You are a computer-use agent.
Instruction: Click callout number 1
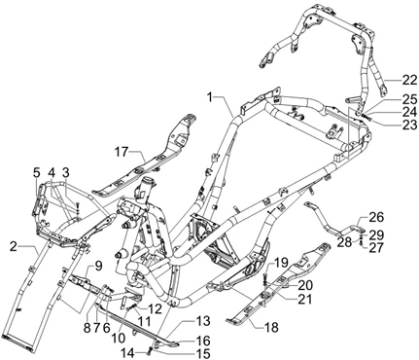coord(211,96)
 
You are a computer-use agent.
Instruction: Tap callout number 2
coord(14,247)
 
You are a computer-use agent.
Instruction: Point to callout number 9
coord(98,267)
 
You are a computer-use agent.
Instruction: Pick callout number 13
coord(203,321)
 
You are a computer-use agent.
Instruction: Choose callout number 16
coord(203,341)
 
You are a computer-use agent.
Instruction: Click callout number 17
coord(122,152)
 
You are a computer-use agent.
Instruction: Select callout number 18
coord(271,328)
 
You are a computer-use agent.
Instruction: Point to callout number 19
coord(281,262)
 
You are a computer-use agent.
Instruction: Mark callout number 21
coord(304,299)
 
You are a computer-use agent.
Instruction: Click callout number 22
coord(409,80)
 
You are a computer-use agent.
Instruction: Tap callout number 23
coord(409,125)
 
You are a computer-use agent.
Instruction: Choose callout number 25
coord(409,99)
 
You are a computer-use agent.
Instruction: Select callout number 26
coord(376,217)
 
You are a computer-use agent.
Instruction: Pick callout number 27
coord(376,247)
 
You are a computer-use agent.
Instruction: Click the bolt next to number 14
coord(150,350)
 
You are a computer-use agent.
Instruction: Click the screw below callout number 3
coord(78,206)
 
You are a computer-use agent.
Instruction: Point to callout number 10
coord(120,338)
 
